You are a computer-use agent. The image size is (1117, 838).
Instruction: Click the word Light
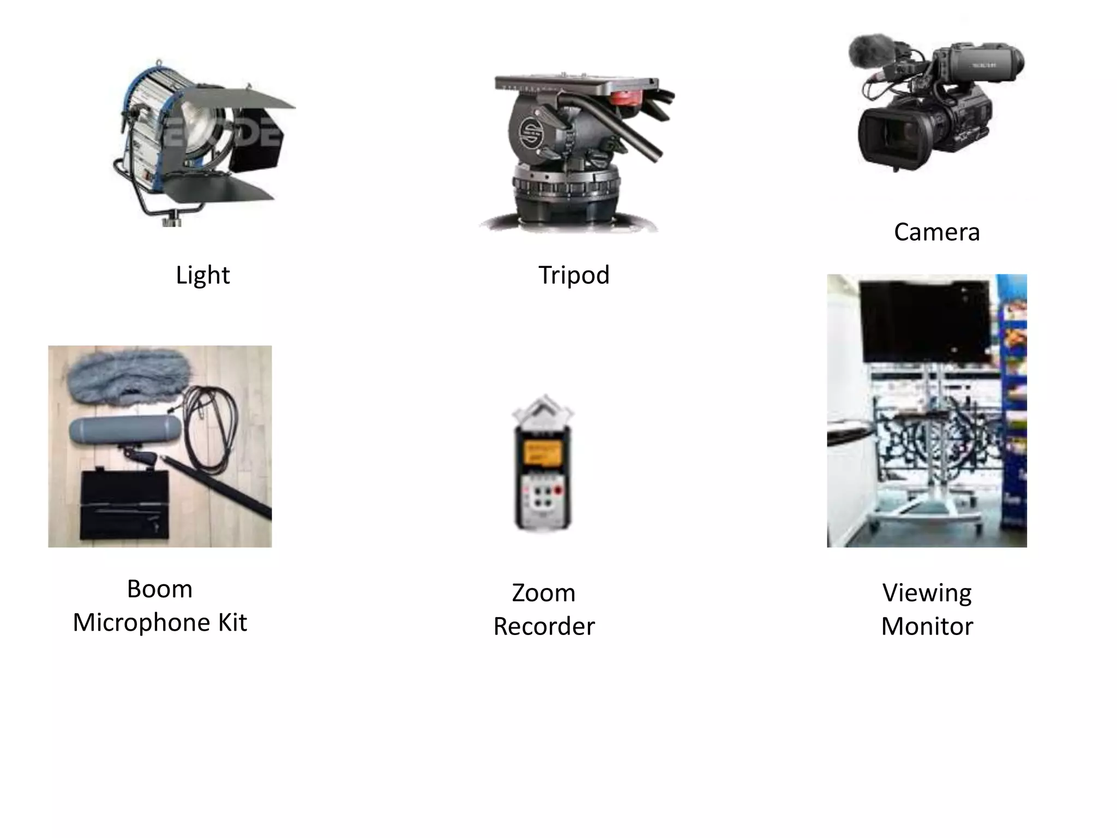point(202,275)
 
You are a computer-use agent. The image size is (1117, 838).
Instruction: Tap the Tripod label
point(574,275)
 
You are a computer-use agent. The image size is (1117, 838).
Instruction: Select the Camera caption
point(936,232)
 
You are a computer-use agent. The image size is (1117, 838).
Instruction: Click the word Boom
point(159,589)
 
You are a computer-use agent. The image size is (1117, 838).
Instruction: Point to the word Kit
point(232,622)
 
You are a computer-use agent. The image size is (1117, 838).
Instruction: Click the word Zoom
point(543,593)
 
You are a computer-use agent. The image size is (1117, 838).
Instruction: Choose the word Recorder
point(544,626)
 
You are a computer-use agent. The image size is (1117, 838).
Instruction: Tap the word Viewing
point(927,593)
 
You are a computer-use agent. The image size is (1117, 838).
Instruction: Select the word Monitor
point(927,626)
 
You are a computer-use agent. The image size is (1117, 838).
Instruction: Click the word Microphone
point(141,622)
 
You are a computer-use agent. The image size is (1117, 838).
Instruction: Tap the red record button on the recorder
point(558,489)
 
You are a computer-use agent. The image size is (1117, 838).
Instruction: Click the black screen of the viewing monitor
point(924,322)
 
